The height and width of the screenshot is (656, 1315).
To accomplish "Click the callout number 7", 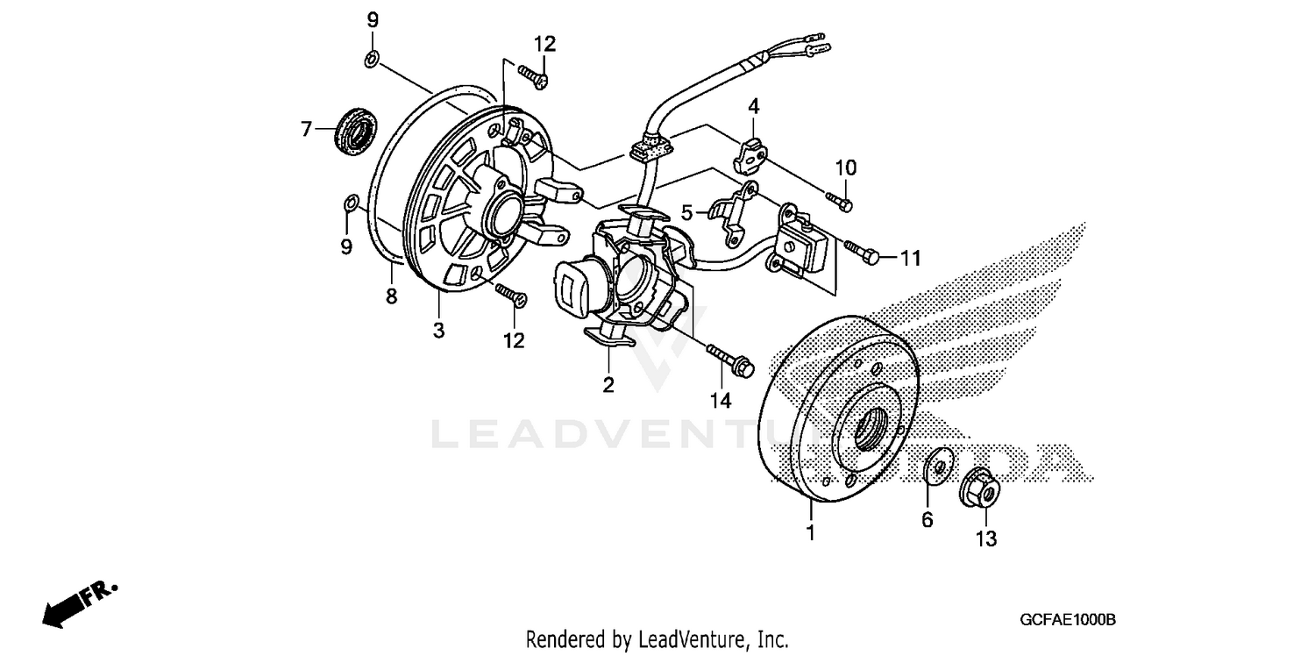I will (306, 130).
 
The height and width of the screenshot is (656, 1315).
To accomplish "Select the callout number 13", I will (986, 539).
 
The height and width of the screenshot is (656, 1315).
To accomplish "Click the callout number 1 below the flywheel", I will (811, 531).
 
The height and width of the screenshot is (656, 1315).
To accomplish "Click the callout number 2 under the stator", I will (608, 384).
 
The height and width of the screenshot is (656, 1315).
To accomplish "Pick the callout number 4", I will (753, 107).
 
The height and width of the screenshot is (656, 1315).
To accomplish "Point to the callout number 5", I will (687, 211).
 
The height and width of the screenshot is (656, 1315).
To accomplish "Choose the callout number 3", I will (438, 330).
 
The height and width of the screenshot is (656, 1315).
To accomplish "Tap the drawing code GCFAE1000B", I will (1067, 619).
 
